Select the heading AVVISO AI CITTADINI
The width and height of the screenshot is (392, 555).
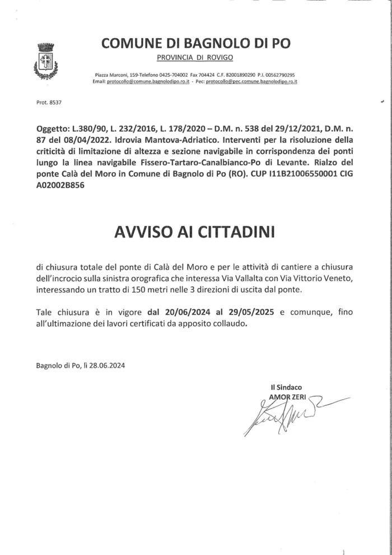click(x=195, y=232)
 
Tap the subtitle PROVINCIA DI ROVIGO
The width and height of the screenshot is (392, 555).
click(x=195, y=58)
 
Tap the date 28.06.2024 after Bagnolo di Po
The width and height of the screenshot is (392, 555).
click(x=107, y=366)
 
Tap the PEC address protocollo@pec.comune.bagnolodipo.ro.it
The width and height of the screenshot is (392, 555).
click(x=251, y=82)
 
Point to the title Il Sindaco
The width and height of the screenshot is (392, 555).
click(x=286, y=387)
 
